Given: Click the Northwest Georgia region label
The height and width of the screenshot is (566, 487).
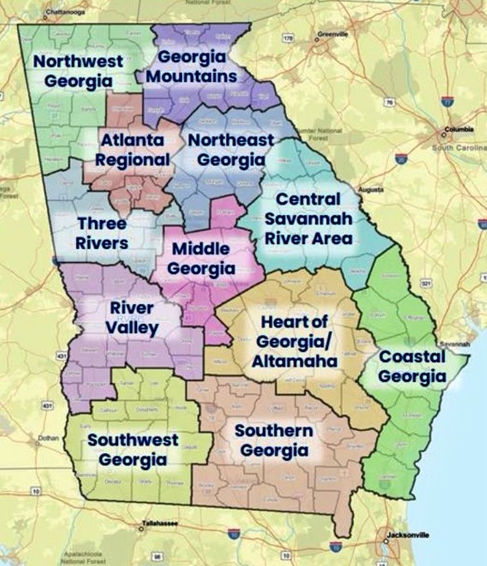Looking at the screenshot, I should [x=79, y=71].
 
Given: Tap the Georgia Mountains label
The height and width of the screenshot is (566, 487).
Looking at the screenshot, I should [x=192, y=66].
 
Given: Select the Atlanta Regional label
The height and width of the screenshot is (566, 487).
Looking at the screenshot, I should [x=134, y=149].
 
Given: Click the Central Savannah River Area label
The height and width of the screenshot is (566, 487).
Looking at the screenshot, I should [x=308, y=218].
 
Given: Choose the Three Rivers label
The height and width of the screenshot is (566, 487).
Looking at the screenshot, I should [x=102, y=233].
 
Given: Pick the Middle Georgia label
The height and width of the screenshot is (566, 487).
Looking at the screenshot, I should [x=201, y=258].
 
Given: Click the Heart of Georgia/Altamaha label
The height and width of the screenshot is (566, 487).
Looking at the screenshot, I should [x=293, y=341].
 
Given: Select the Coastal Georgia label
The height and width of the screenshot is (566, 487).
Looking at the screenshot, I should [x=412, y=366].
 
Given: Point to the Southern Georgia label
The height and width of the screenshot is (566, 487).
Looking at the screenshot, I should [x=273, y=440].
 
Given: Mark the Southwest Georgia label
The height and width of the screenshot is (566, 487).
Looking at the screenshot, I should [x=133, y=450].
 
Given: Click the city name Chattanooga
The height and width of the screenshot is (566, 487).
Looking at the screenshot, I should [x=66, y=10].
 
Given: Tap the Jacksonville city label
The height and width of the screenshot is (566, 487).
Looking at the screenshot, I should [x=408, y=535].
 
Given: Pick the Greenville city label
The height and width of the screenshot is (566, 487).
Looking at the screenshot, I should [x=332, y=33].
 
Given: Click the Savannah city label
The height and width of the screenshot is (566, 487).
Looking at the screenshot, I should [x=449, y=343].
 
